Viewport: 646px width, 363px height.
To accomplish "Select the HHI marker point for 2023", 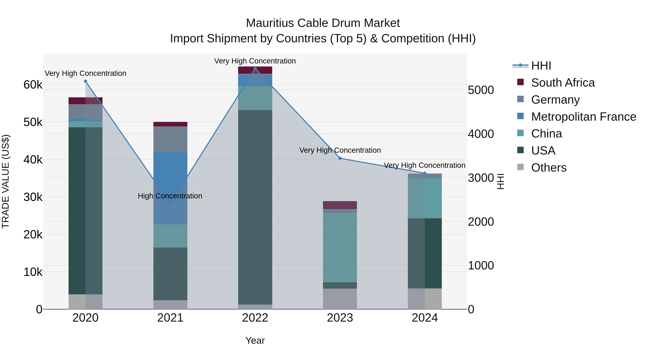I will pyautogui.click(x=340, y=158).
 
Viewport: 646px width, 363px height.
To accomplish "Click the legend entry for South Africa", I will pyautogui.click(x=563, y=83).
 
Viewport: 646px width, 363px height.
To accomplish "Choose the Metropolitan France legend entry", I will pyautogui.click(x=583, y=117).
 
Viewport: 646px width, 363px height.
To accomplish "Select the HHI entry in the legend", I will pyautogui.click(x=541, y=66).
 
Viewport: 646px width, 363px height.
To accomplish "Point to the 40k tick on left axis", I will pyautogui.click(x=33, y=160).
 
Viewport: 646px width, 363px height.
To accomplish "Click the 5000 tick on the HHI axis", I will pyautogui.click(x=481, y=90).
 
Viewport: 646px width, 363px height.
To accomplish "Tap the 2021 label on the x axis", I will pyautogui.click(x=170, y=318).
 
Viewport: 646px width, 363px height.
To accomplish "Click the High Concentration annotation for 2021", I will pyautogui.click(x=170, y=196).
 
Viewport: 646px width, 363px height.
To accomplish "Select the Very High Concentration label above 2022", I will pyautogui.click(x=255, y=61).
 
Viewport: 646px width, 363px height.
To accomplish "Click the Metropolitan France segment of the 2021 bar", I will pyautogui.click(x=170, y=175).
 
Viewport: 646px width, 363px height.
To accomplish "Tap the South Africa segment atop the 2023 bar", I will pyautogui.click(x=340, y=205).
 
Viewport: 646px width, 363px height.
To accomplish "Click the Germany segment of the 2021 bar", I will pyautogui.click(x=170, y=139).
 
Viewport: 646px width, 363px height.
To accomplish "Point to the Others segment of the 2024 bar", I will pyautogui.click(x=425, y=299).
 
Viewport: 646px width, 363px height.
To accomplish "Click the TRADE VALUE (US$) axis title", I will pyautogui.click(x=6, y=181).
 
